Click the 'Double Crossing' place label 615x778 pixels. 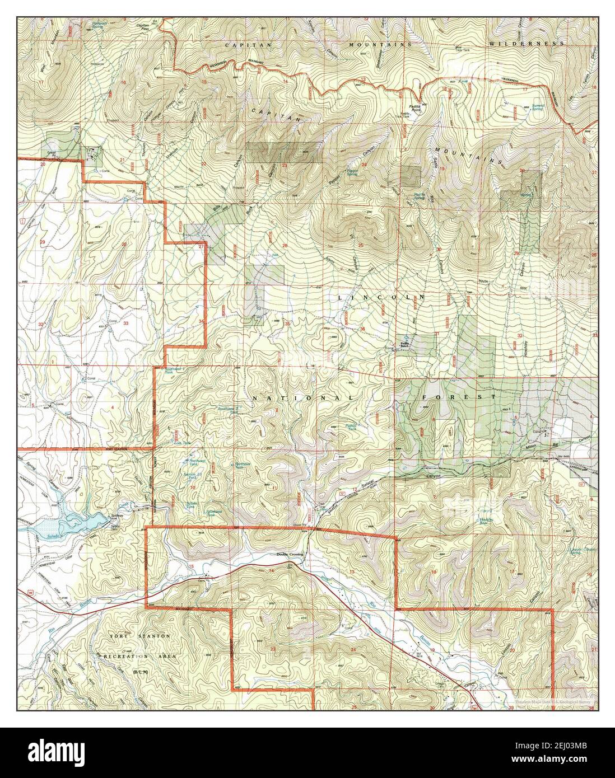click(289, 554)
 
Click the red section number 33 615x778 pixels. click(126, 324)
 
